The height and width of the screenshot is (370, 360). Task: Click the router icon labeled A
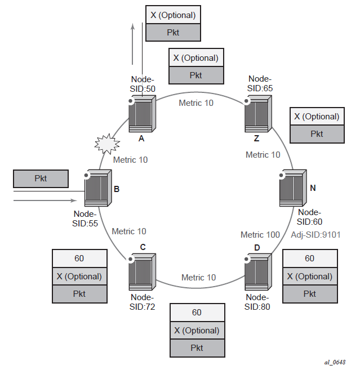[140, 115]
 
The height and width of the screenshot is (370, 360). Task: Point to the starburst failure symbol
[106, 146]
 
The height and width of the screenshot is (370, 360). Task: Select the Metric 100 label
[260, 234]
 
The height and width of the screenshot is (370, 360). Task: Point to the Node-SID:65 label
[260, 83]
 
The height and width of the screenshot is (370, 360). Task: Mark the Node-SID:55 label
[86, 219]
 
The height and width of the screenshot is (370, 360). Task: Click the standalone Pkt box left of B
[41, 179]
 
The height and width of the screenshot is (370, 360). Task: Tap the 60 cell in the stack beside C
[79, 258]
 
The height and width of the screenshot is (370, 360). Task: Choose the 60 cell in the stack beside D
[309, 258]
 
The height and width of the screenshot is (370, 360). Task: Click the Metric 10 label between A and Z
[196, 102]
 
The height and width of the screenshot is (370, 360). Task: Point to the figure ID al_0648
[335, 362]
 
